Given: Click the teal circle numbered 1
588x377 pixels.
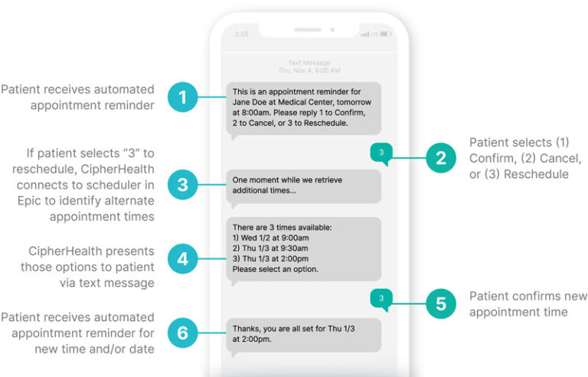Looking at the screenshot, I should point(181,98).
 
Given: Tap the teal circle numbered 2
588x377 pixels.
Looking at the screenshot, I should point(440,159).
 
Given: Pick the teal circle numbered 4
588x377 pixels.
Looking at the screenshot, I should point(181,259).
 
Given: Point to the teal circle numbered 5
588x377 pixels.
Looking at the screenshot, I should point(440,303).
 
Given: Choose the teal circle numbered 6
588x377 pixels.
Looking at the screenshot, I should point(181,333).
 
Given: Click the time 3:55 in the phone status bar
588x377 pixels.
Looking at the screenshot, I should point(242,34).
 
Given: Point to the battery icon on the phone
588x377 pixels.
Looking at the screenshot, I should point(385,34).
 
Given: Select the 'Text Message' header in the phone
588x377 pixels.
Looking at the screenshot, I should point(309,63).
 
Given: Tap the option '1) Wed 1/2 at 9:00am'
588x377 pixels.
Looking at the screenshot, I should point(270,238).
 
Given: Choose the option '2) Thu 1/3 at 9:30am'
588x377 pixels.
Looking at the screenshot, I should point(270,248).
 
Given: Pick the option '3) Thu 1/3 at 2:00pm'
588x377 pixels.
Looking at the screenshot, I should point(270,258).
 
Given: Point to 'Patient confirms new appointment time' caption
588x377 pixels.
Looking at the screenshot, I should point(528,303).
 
